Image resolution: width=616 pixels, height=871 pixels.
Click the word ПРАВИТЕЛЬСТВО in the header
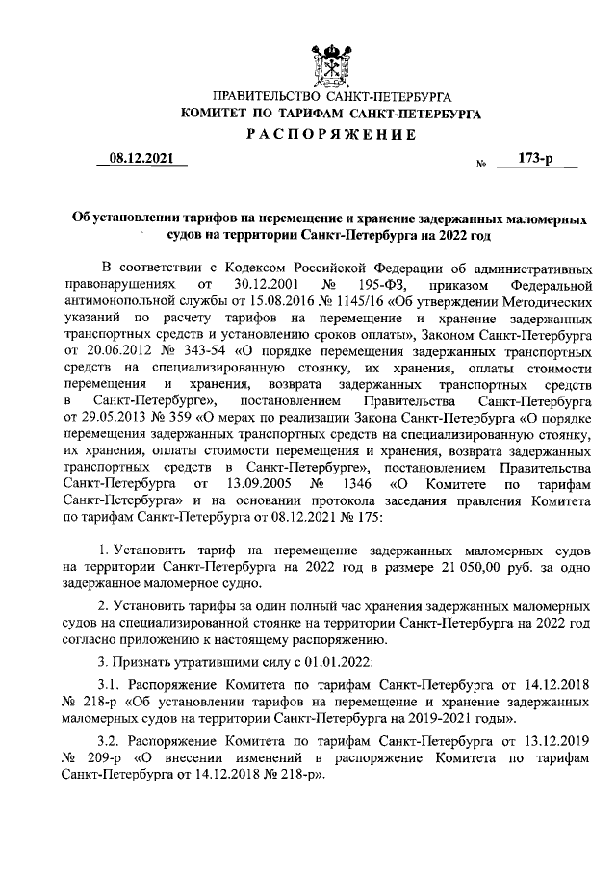266,97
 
